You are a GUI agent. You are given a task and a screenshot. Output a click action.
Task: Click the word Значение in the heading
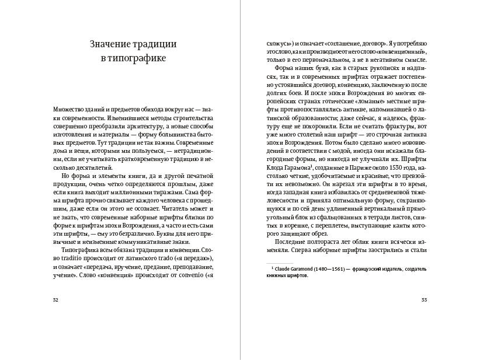pyautogui.click(x=111, y=45)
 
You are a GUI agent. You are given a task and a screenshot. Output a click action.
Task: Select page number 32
pyautogui.click(x=55, y=300)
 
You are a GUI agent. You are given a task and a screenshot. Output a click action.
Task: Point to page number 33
pyautogui.click(x=425, y=300)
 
